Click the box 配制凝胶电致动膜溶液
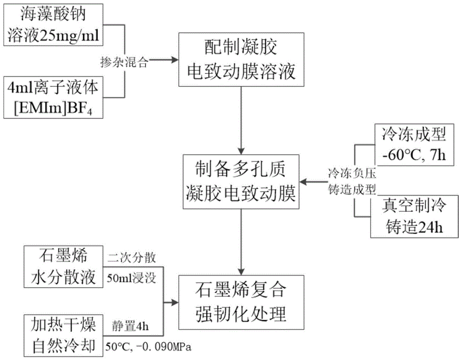[242, 60]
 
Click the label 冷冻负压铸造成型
[352, 181]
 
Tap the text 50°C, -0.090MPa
[148, 346]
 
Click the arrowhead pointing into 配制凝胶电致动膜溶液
[175, 60]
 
